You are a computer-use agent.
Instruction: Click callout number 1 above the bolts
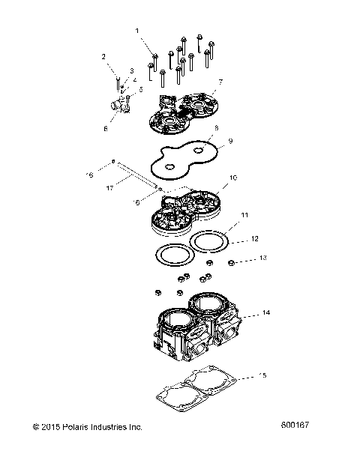click(x=137, y=30)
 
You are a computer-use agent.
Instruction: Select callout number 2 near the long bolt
click(x=104, y=56)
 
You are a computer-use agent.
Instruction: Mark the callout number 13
click(x=262, y=258)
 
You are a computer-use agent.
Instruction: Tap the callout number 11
click(x=243, y=215)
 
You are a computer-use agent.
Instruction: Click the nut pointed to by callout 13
click(x=232, y=262)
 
